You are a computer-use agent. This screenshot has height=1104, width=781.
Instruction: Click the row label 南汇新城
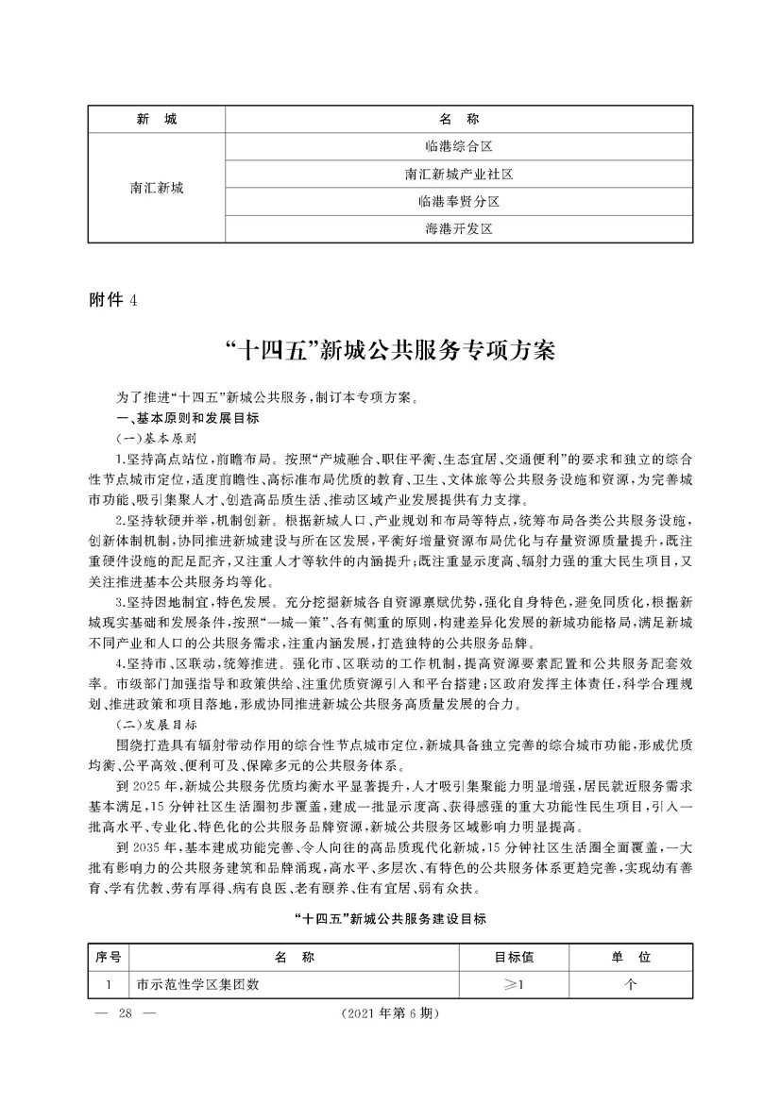[157, 188]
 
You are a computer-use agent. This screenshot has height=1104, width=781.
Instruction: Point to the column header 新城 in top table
[157, 120]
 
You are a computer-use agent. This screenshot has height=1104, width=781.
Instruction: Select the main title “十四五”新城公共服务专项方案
[389, 351]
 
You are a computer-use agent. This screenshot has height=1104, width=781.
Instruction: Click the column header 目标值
[515, 958]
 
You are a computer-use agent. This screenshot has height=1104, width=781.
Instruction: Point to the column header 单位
[631, 958]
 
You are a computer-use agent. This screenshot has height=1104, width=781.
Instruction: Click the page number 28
[123, 1041]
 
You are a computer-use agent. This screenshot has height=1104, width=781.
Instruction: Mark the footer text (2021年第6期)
[389, 1041]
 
